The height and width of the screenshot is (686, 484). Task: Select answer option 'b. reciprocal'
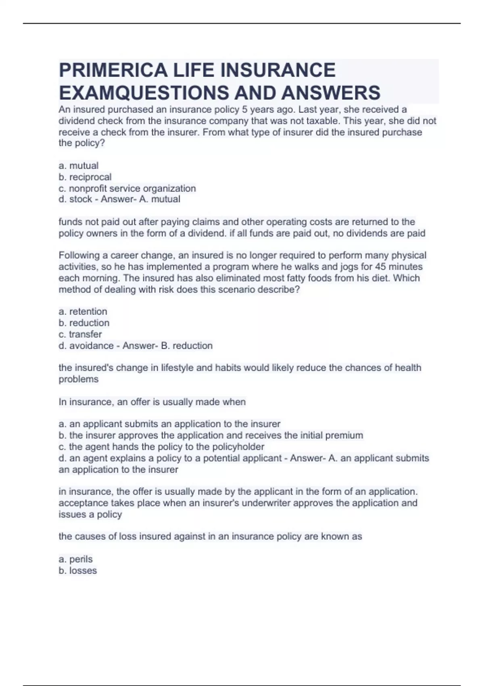[85, 177]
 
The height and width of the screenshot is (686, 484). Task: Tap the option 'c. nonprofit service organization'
[127, 188]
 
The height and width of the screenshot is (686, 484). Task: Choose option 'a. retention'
[83, 312]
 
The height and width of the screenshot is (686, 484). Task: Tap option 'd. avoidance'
[86, 345]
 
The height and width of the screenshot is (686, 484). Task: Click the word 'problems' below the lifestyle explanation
[78, 379]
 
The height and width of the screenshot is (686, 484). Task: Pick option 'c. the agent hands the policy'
[161, 447]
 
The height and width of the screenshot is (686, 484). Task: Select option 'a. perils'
[75, 559]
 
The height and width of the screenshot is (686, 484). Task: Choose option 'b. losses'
[77, 570]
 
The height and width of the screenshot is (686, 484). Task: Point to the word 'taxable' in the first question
[319, 121]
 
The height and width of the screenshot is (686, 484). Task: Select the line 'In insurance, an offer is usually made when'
[152, 402]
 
